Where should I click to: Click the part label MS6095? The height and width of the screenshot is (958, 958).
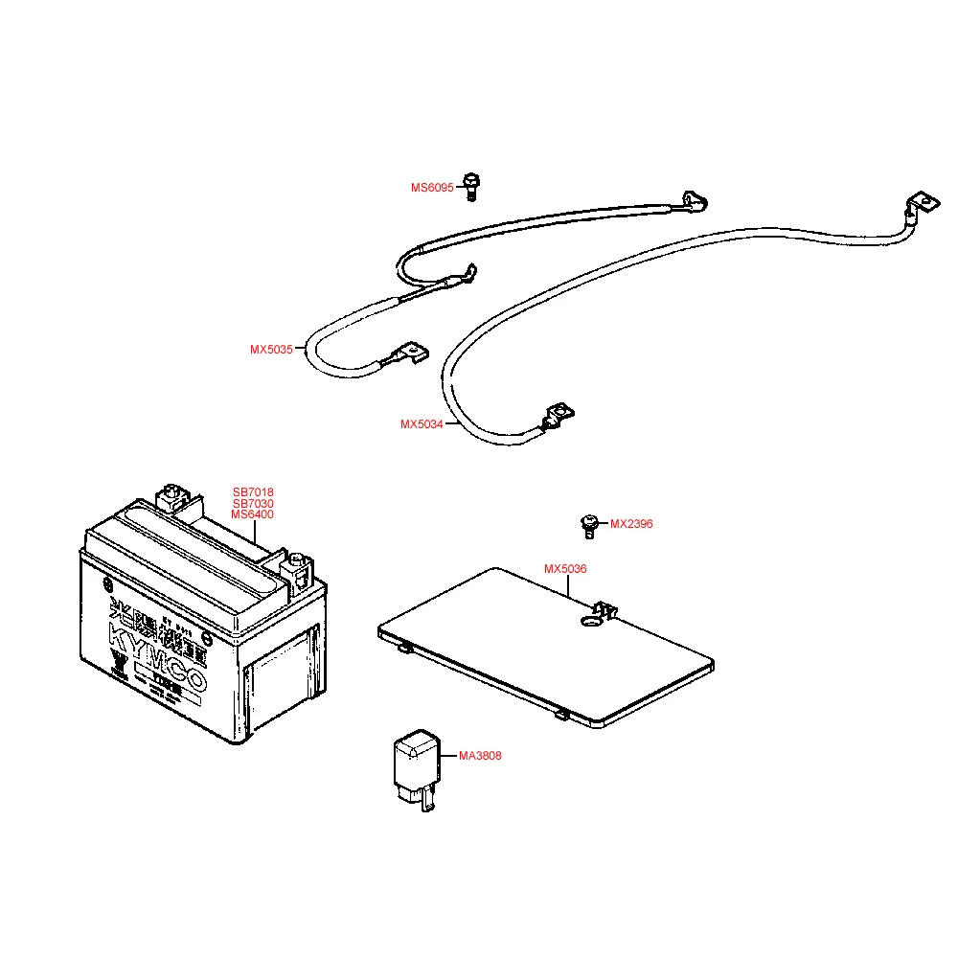click(x=432, y=188)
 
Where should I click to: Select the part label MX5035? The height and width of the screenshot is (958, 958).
click(x=271, y=350)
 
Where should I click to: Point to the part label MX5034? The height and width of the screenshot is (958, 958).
click(x=422, y=424)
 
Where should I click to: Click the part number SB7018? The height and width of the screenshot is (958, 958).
click(x=253, y=492)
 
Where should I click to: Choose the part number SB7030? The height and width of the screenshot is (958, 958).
click(x=253, y=504)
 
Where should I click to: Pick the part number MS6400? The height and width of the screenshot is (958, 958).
click(x=253, y=514)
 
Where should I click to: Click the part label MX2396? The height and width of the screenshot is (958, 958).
click(x=631, y=524)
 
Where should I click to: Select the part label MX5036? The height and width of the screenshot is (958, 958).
click(x=565, y=569)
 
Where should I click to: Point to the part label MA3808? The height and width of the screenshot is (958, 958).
click(x=480, y=756)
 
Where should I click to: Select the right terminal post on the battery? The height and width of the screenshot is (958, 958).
click(x=298, y=565)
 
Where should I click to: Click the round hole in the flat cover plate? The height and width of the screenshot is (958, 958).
click(x=588, y=624)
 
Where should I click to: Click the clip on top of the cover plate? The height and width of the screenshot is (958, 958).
click(x=604, y=609)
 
